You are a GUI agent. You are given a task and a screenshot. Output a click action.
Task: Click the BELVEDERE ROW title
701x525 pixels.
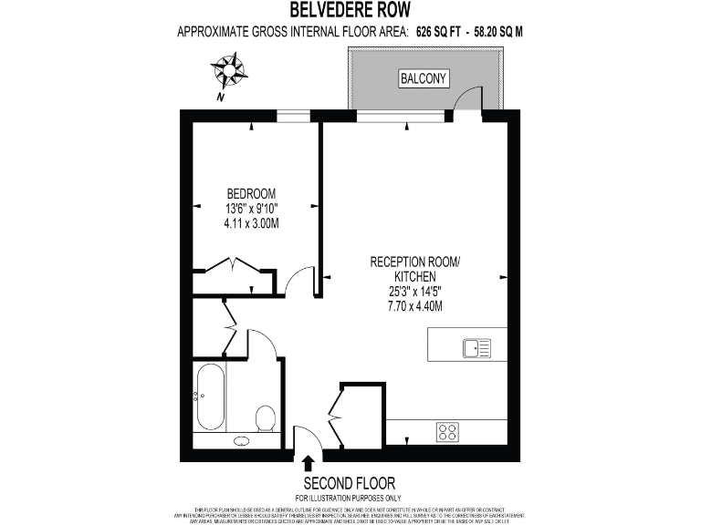click(x=350, y=10)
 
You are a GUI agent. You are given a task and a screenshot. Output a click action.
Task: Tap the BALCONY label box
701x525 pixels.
click(x=424, y=79)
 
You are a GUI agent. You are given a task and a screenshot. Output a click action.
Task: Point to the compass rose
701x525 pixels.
click(x=229, y=70)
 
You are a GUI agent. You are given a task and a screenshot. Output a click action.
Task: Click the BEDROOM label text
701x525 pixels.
click(x=251, y=193)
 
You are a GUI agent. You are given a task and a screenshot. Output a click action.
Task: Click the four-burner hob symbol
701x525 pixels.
click(x=448, y=431)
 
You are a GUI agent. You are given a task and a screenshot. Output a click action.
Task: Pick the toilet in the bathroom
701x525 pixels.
click(x=266, y=418)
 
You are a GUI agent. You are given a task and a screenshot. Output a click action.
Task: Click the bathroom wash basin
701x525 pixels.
click(x=242, y=441)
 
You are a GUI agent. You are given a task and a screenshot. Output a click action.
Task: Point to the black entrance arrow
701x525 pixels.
click(x=308, y=463)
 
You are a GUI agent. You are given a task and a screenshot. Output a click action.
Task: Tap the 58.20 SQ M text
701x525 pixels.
click(x=498, y=31)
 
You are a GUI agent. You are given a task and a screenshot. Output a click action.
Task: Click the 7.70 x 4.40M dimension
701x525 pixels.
click(x=414, y=306)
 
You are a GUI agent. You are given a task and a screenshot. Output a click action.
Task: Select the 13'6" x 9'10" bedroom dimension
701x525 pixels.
click(x=251, y=208)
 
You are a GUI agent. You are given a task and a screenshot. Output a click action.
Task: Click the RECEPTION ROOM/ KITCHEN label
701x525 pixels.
click(x=415, y=269)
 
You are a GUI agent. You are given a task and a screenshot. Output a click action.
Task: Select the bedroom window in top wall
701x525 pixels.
click(x=292, y=114)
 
